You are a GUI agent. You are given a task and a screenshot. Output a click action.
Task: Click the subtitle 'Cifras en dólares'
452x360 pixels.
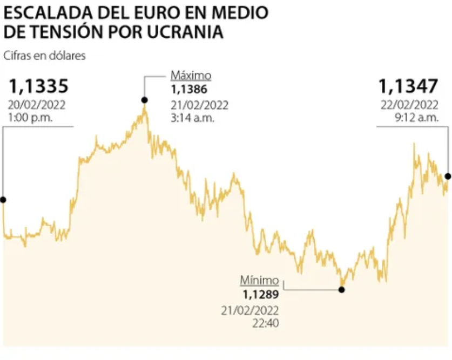[x=44, y=56]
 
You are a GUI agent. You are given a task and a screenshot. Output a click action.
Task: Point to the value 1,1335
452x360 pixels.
[x=39, y=86]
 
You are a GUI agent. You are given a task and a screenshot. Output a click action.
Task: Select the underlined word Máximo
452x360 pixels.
[x=191, y=75]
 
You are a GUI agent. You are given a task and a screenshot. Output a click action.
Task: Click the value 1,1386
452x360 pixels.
[x=189, y=90]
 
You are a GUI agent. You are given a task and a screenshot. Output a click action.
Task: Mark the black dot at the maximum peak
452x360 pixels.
[x=144, y=99]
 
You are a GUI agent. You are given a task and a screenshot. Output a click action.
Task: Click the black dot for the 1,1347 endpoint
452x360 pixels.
[x=448, y=176]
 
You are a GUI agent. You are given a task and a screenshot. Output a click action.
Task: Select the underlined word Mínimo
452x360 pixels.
[x=259, y=281]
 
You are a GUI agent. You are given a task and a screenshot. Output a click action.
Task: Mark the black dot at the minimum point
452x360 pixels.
[x=341, y=290]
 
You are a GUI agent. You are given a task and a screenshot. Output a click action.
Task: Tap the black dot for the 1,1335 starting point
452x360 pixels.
[x=3, y=200]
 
